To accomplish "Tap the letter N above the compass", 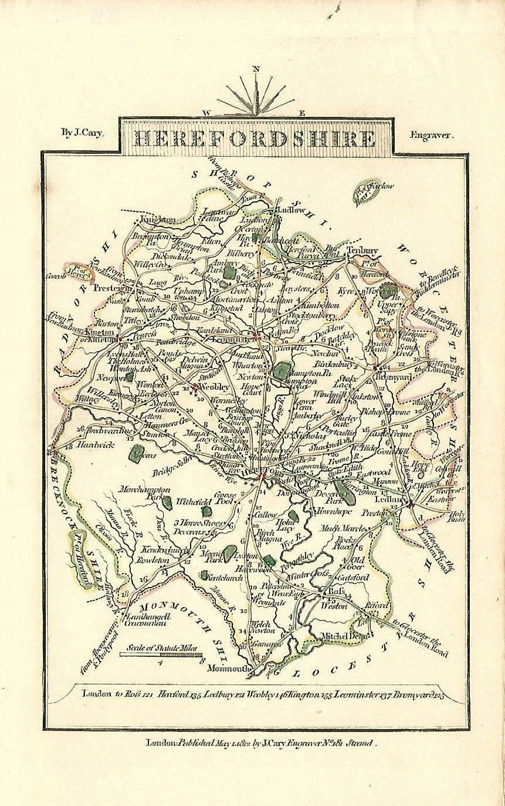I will [256, 69].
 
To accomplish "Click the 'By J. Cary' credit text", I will [82, 133].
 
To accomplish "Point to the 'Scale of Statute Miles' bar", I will [161, 654].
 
